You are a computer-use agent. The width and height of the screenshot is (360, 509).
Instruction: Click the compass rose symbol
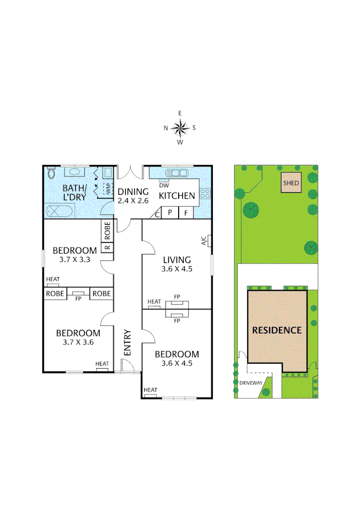180,127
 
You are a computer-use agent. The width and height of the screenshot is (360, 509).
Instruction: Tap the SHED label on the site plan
291,183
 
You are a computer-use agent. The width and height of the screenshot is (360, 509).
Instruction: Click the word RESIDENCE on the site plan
277,330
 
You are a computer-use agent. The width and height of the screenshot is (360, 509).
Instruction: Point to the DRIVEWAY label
250,383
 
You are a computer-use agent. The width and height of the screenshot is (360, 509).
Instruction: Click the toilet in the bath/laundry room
51,173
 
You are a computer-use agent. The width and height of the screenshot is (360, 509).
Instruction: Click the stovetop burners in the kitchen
205,192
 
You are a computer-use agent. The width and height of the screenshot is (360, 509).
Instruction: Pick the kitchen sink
177,172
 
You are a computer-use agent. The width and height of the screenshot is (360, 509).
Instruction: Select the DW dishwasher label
164,185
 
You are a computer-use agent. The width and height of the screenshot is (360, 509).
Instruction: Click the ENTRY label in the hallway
128,342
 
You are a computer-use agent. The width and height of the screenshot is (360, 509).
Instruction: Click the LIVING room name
177,260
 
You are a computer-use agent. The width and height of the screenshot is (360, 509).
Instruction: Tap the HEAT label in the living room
154,302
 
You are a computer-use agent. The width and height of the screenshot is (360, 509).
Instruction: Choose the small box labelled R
107,247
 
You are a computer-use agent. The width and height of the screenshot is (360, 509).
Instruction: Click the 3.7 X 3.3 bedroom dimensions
74,259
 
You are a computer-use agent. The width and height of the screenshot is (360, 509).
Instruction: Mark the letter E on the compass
180,113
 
